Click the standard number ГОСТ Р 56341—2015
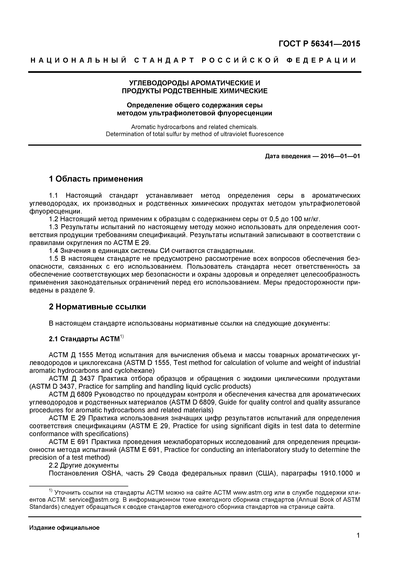point(319,44)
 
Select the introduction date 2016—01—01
point(340,156)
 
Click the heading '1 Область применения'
point(96,179)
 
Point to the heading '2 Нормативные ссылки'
point(97,307)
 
